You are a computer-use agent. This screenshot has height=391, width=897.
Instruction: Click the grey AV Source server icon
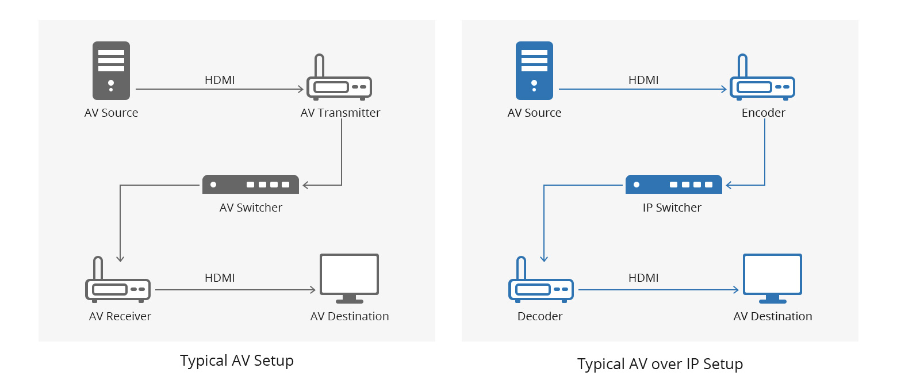(111, 71)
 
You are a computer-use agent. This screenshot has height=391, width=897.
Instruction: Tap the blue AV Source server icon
(534, 71)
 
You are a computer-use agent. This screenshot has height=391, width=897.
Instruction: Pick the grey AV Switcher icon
(251, 185)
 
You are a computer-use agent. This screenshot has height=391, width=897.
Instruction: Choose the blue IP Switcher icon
(673, 185)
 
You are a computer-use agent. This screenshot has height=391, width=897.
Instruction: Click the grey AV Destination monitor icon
(349, 278)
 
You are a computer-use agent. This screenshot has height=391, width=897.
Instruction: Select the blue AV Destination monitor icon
(772, 278)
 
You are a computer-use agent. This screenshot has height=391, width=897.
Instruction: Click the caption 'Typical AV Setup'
(237, 361)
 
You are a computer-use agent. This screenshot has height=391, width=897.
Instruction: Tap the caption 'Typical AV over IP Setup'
(660, 364)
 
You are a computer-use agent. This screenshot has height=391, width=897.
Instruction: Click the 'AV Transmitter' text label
(340, 113)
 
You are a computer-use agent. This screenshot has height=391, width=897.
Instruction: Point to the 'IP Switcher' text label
(672, 208)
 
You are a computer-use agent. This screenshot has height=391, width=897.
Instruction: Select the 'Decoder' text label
(540, 316)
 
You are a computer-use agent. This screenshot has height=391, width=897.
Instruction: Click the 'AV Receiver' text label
(120, 316)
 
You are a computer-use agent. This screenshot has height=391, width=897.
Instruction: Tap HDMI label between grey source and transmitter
(220, 80)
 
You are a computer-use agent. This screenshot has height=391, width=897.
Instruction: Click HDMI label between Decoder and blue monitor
(643, 278)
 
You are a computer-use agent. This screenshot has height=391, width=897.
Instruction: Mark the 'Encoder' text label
(764, 113)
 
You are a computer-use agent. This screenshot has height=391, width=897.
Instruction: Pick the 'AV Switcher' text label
(251, 208)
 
